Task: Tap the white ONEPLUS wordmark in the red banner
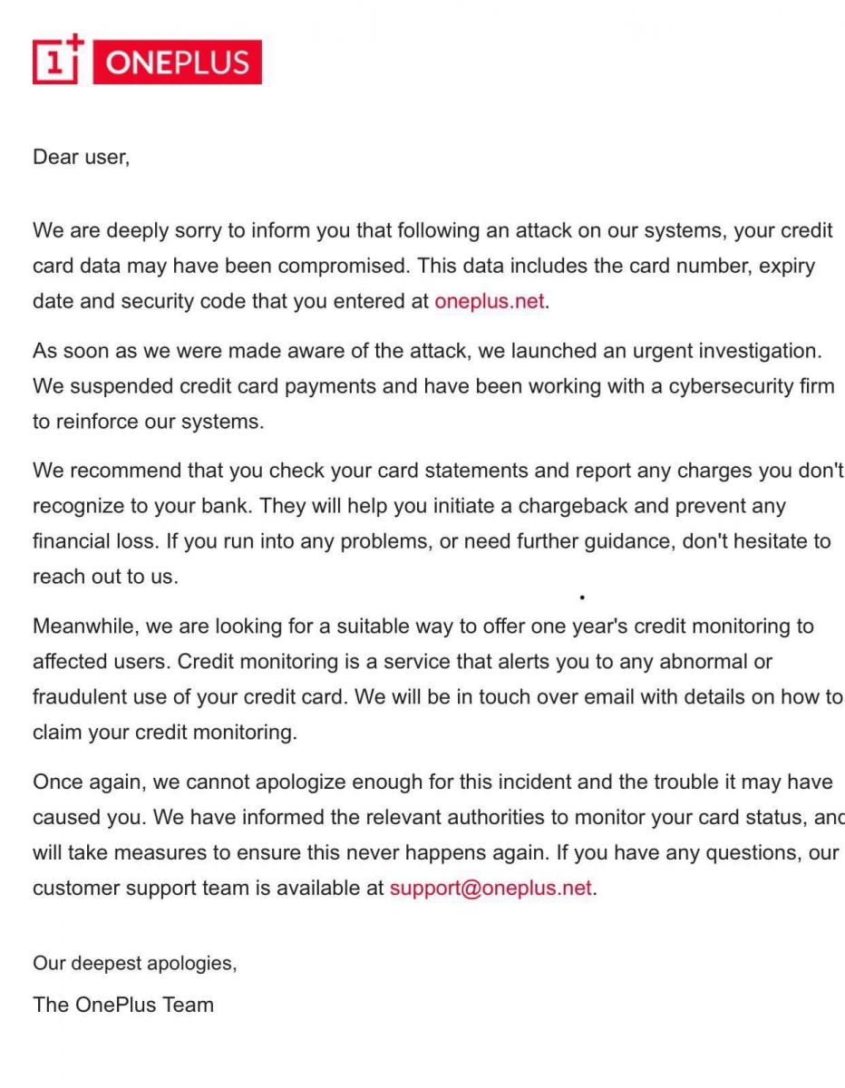(177, 63)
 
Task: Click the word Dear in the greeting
(55, 157)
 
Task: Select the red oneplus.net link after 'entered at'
(490, 302)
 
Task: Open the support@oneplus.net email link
(490, 889)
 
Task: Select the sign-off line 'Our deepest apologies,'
(135, 964)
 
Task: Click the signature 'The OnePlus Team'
(123, 1005)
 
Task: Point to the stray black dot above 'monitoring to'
(581, 597)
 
